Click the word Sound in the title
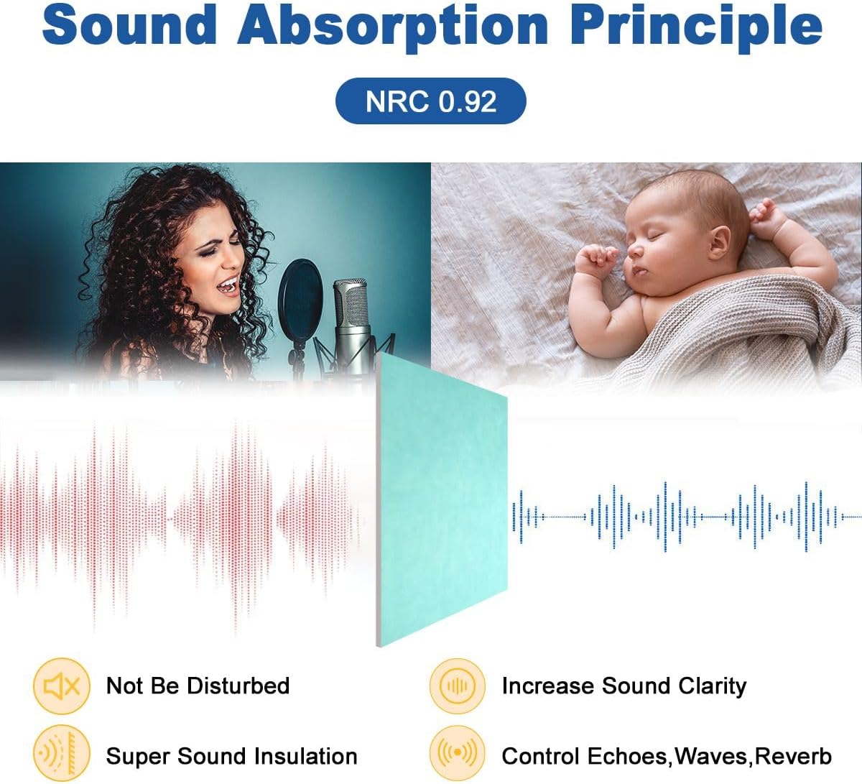coord(129,24)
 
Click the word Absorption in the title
coord(393,27)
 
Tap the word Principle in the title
coord(696,27)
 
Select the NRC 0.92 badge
coord(430,101)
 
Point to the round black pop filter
coord(300,299)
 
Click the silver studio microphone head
coord(351,305)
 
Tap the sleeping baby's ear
coord(719,244)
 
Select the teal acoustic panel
coord(442,499)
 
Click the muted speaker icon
coord(62,686)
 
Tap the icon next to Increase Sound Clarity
coord(458,686)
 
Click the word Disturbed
coord(238,686)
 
